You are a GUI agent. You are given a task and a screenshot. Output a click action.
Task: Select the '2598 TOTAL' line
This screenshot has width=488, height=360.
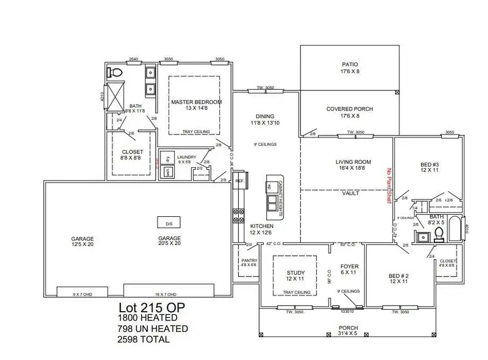point(144,339)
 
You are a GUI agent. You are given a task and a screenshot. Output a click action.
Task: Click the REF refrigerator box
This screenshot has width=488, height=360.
point(240,182)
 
